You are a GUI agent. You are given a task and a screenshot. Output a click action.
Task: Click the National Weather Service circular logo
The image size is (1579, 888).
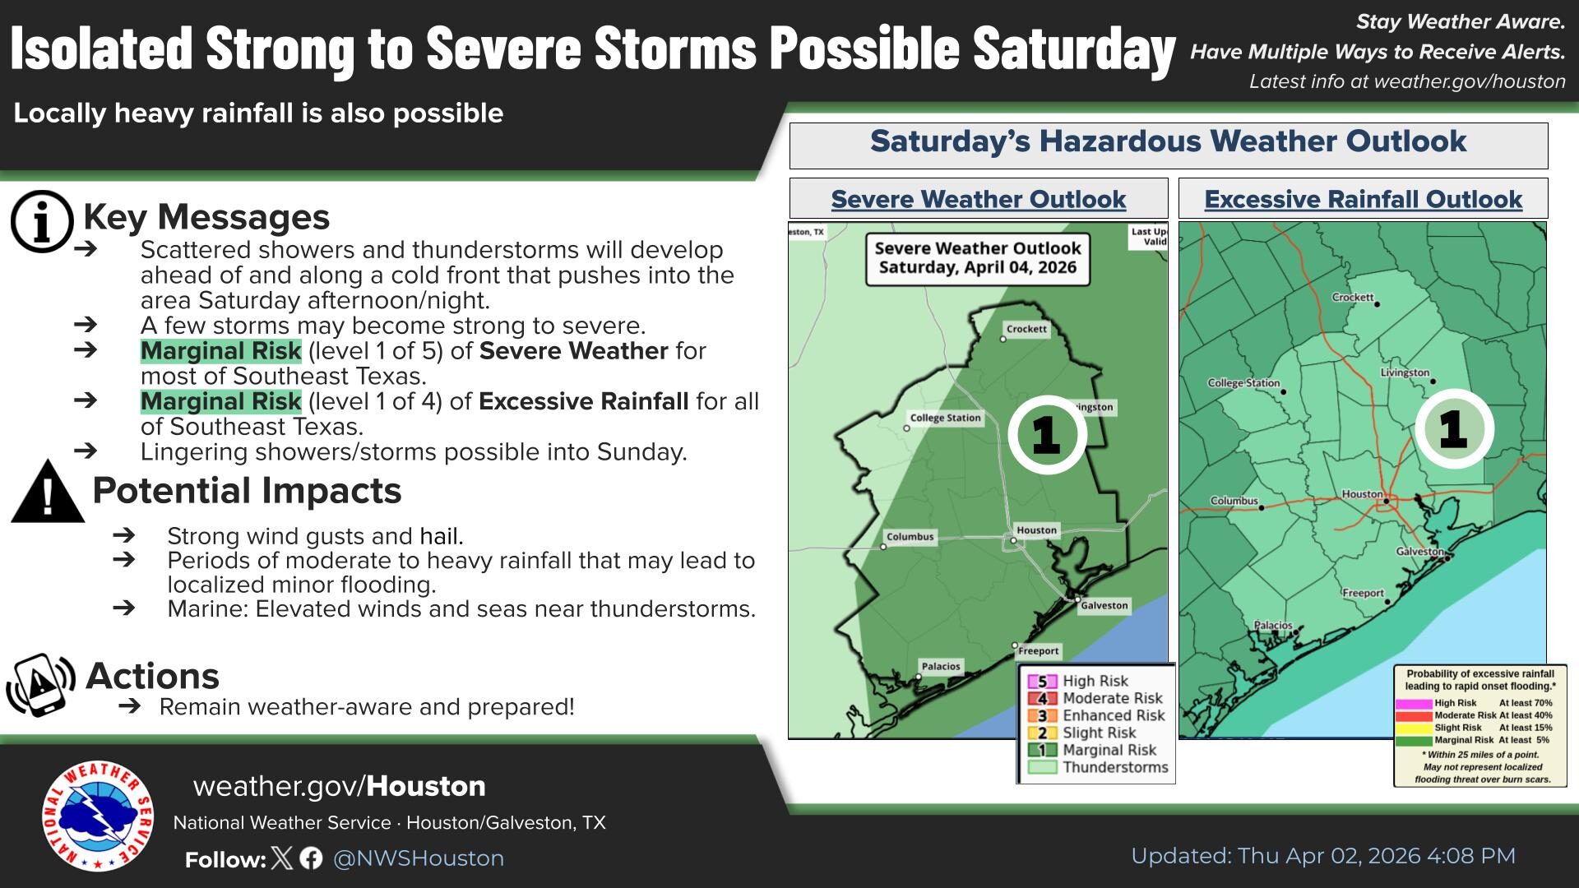pyautogui.click(x=98, y=816)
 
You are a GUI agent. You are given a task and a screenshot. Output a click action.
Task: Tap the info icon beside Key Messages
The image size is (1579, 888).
pyautogui.click(x=42, y=221)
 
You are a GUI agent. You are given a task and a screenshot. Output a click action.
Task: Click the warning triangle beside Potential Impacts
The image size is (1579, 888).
pyautogui.click(x=48, y=493)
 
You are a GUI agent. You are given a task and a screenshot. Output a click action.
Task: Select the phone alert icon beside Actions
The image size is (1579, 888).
pyautogui.click(x=40, y=684)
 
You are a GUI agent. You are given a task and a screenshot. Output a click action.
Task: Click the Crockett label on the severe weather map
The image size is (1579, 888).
pyautogui.click(x=1026, y=329)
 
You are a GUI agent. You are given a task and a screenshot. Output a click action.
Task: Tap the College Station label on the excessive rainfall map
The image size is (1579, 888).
pyautogui.click(x=1243, y=383)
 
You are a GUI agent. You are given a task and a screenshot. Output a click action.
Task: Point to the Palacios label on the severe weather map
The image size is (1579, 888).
pyautogui.click(x=940, y=666)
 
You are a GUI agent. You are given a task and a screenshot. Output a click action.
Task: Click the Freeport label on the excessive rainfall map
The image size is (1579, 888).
pyautogui.click(x=1363, y=593)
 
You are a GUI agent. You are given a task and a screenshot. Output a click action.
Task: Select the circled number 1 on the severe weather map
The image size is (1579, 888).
pyautogui.click(x=1047, y=434)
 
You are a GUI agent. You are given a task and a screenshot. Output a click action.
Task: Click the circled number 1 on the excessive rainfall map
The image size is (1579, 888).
pyautogui.click(x=1453, y=428)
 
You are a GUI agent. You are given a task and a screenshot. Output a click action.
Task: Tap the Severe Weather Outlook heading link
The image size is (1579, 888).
pyautogui.click(x=978, y=199)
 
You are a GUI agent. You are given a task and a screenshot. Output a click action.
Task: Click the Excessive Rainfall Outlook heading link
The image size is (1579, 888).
pyautogui.click(x=1363, y=199)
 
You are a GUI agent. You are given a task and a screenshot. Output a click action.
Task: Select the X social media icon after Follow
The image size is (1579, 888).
pyautogui.click(x=282, y=858)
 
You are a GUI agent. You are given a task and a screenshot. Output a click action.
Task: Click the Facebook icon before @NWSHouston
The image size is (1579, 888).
pyautogui.click(x=311, y=858)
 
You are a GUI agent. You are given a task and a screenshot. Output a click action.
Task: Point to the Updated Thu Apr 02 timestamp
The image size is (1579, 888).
pyautogui.click(x=1322, y=856)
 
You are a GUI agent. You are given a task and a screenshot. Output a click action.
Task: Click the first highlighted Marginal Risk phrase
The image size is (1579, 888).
pyautogui.click(x=220, y=351)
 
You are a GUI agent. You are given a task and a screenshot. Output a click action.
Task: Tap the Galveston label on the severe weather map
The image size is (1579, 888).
pyautogui.click(x=1104, y=605)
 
